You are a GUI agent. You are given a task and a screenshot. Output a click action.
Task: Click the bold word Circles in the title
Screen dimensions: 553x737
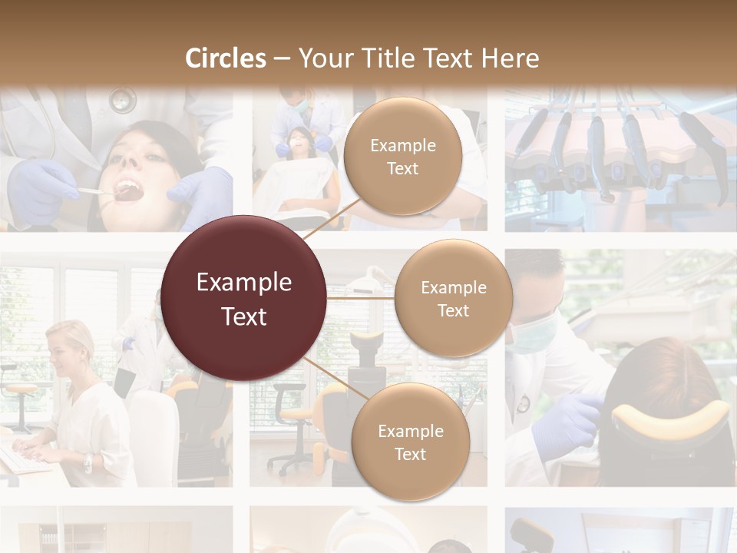tap(225, 58)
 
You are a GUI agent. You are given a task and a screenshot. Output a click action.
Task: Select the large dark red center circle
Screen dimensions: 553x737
tap(244, 299)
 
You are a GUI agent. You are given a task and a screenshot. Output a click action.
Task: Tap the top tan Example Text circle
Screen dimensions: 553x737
tap(402, 157)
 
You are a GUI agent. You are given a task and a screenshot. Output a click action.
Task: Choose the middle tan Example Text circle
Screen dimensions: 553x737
tap(453, 299)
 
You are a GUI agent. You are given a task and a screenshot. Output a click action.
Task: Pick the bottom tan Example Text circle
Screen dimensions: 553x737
tap(410, 442)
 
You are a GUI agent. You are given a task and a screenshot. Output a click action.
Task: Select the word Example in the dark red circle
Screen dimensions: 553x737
tap(244, 283)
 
